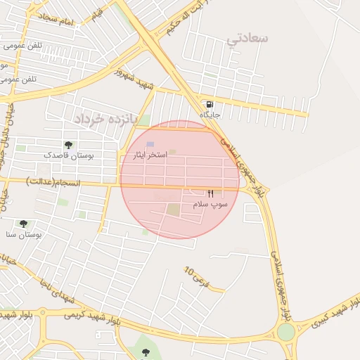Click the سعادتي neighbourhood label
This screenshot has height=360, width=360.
pyautogui.click(x=247, y=39)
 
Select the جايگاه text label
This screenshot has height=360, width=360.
pyautogui.click(x=210, y=115)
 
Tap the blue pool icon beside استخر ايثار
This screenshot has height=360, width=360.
pyautogui.click(x=150, y=144)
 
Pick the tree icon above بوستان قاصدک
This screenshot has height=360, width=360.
pyautogui.click(x=67, y=145)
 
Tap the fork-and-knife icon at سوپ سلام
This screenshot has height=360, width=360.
pyautogui.click(x=210, y=193)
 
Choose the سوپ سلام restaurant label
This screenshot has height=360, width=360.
pyautogui.click(x=210, y=204)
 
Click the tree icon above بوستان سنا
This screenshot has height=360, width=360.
pyautogui.click(x=23, y=224)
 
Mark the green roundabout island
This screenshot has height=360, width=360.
pyautogui.click(x=285, y=331)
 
